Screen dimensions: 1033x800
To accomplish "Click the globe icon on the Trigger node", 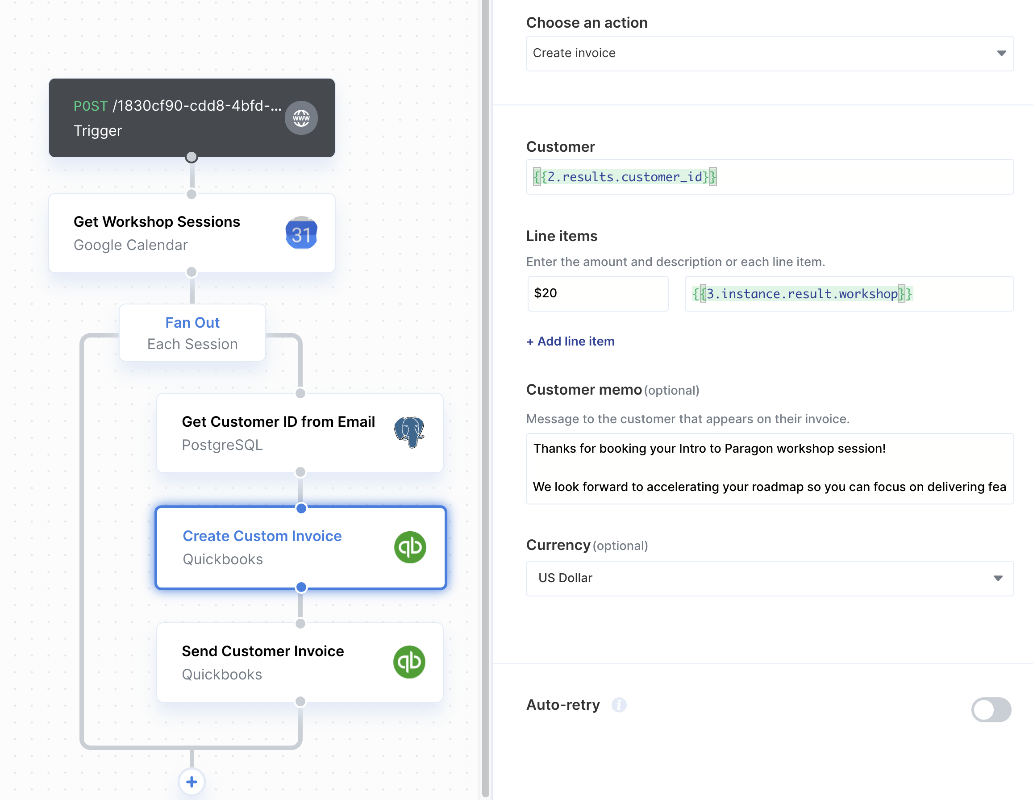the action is (301, 118).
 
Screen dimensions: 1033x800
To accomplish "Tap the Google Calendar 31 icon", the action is (301, 233).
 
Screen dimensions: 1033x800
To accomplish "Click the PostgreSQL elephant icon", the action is (409, 433).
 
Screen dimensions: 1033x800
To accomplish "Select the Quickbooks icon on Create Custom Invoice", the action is (410, 547).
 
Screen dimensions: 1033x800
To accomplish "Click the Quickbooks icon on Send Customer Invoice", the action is (409, 662).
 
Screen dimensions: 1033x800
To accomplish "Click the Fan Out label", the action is (192, 322).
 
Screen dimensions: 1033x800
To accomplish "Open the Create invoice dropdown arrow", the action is (1001, 54).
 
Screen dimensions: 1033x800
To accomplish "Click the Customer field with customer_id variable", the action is (770, 177).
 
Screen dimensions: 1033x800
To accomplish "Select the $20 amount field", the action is (598, 293).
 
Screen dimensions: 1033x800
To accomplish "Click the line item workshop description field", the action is (849, 294).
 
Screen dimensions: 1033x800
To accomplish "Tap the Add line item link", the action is (571, 341).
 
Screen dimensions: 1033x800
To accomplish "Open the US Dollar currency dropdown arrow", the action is (998, 578).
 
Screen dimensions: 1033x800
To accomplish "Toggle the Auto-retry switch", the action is (991, 710).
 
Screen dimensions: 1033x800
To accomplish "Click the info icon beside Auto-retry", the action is (619, 705).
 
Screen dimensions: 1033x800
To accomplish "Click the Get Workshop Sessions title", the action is (157, 221).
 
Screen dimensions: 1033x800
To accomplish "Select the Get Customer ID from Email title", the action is (279, 421).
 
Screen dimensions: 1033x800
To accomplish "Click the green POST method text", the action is (91, 106).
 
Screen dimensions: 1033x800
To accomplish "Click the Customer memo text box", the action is (770, 468).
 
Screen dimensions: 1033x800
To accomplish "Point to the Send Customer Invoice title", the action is (263, 651).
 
